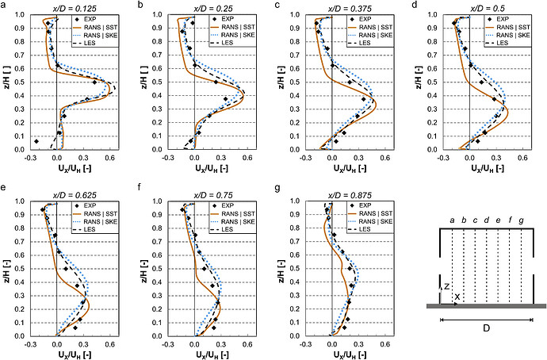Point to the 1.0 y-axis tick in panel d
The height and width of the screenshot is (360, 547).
point(435,14)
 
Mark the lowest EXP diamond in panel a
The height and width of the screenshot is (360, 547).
point(36,141)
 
